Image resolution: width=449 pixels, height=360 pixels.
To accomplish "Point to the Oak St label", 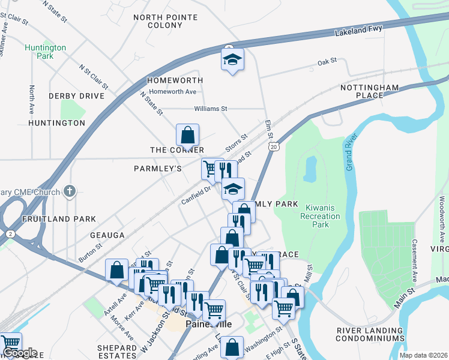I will tap(327, 61).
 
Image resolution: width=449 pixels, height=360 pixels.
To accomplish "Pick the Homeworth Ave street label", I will tap(173, 92).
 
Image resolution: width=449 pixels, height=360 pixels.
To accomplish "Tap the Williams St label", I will tap(211, 109).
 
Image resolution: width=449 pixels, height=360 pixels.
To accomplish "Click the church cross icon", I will tap(70, 191).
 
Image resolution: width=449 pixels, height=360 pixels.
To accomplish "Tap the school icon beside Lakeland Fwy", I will tap(232, 60).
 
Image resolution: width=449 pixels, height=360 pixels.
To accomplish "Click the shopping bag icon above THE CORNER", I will tap(187, 134).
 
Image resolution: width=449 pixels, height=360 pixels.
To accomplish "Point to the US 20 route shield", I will tap(274, 146).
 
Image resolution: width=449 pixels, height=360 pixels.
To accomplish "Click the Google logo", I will tap(19, 353).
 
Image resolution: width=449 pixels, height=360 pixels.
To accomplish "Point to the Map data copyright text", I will tap(423, 355).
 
